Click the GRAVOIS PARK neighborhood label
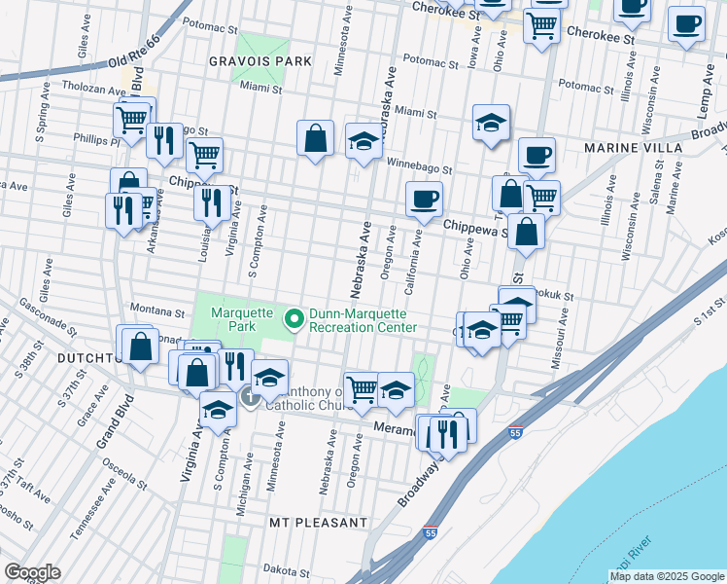[260, 60]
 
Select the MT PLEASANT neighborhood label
[319, 523]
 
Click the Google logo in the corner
[32, 572]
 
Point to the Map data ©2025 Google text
[666, 576]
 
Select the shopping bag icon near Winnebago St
[316, 139]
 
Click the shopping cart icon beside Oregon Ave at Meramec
[362, 389]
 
